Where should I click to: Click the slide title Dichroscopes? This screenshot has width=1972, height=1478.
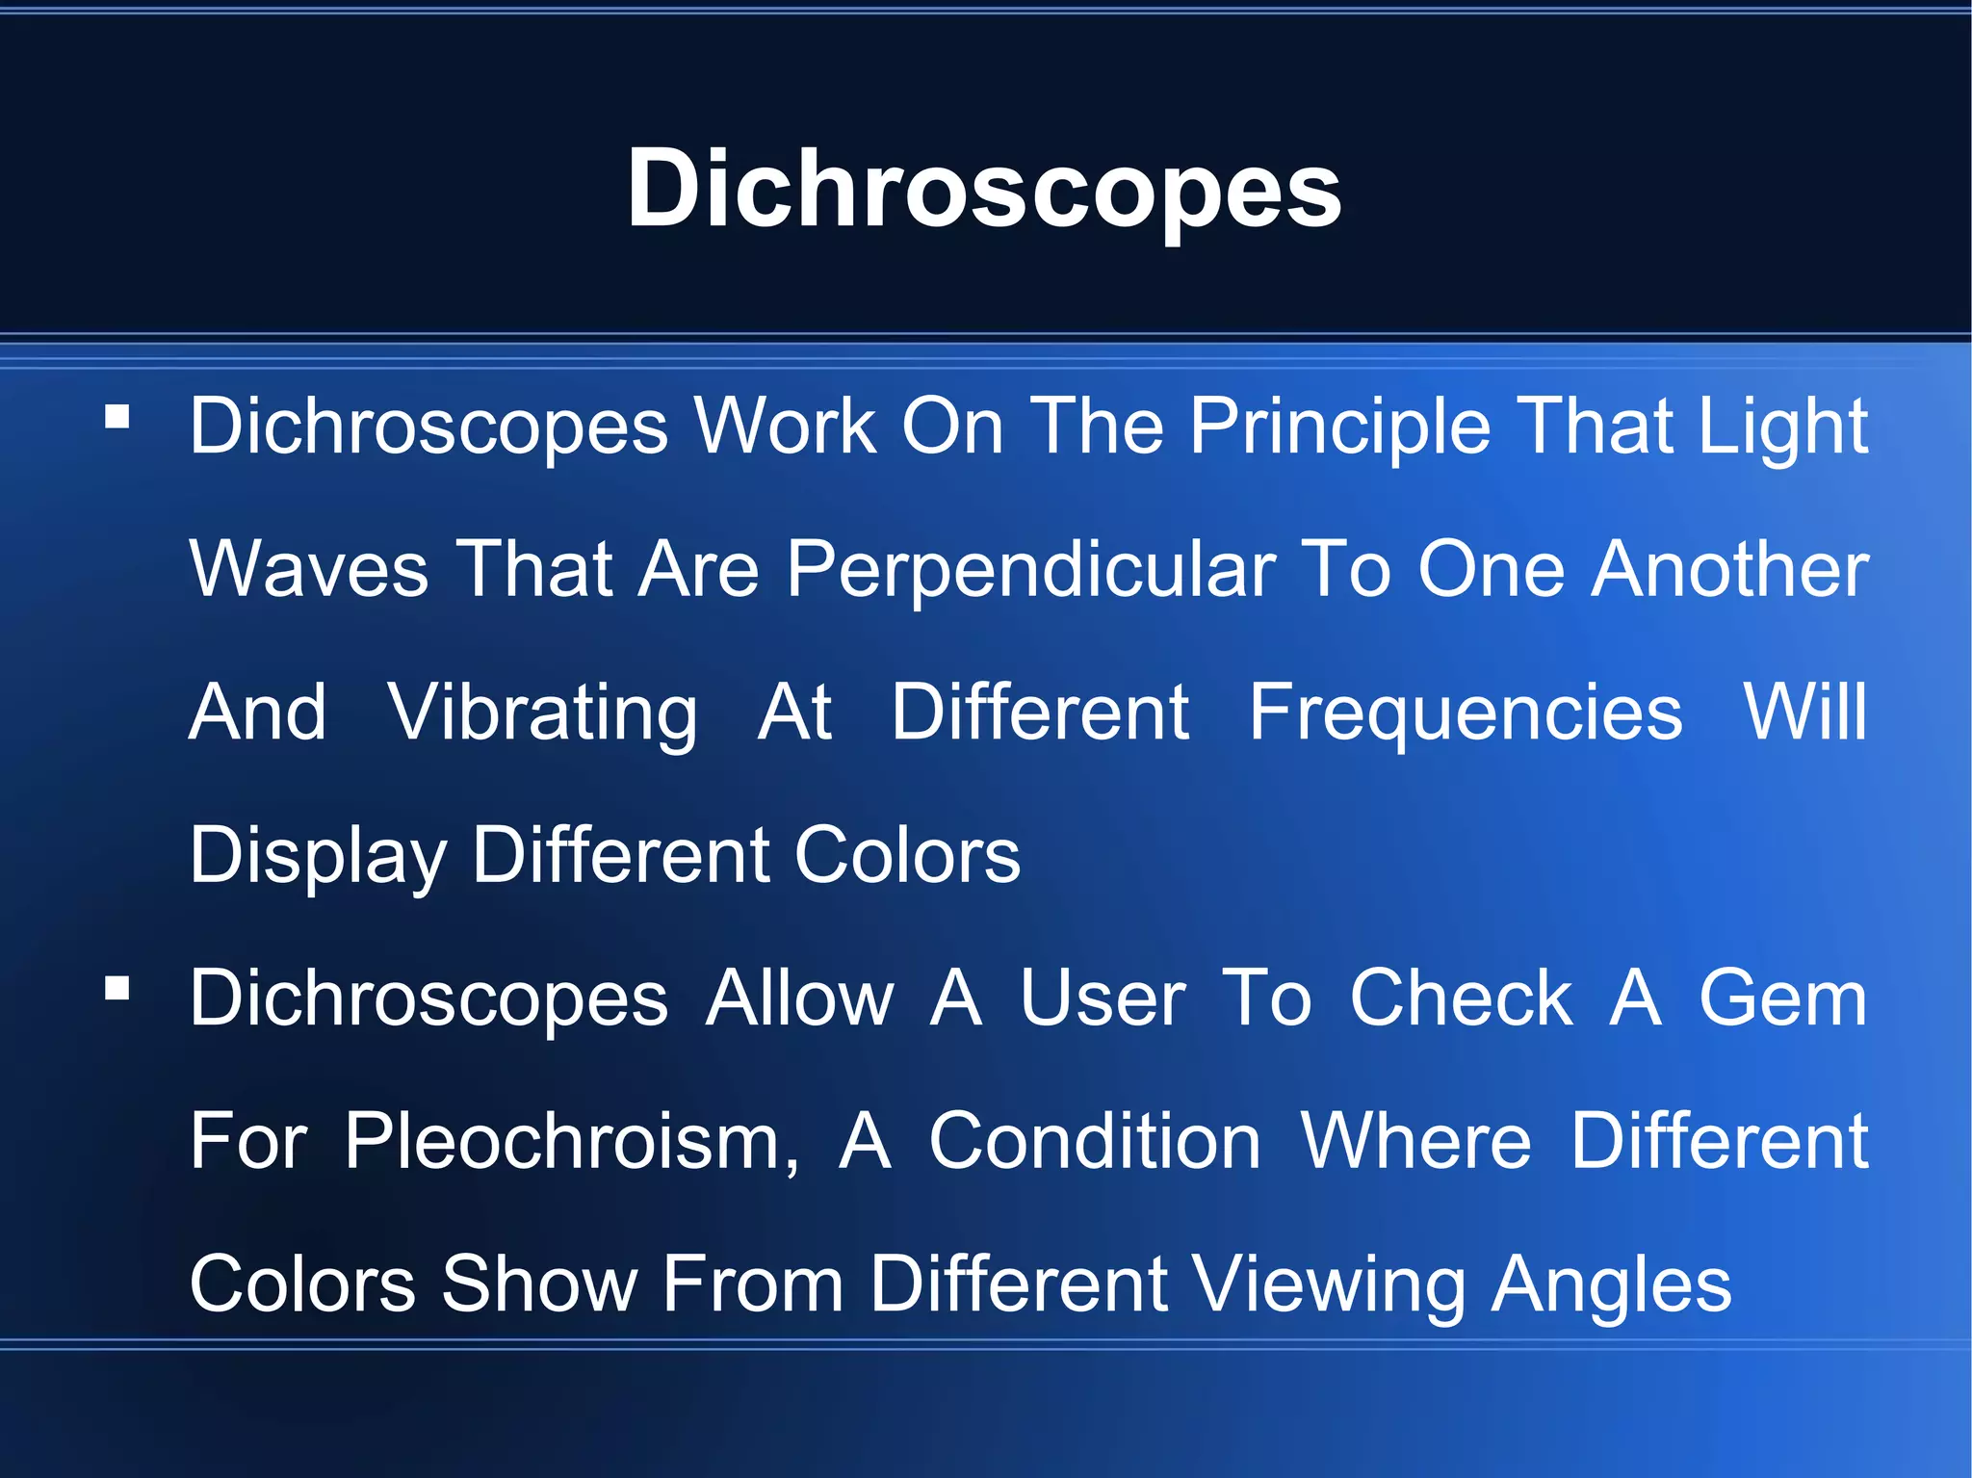click(x=984, y=189)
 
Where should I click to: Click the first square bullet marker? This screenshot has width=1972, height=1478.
click(x=117, y=417)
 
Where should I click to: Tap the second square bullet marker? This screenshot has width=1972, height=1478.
click(x=117, y=989)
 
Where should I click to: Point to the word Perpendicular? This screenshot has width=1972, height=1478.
click(x=1031, y=569)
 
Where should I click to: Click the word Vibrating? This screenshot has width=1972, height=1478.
click(x=543, y=713)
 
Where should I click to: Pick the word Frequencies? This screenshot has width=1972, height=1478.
click(x=1466, y=713)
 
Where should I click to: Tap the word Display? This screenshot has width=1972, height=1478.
click(x=319, y=855)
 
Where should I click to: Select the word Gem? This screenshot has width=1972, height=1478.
click(x=1782, y=998)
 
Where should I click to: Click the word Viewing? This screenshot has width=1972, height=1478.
click(x=1329, y=1284)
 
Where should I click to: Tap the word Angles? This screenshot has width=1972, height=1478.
click(x=1612, y=1284)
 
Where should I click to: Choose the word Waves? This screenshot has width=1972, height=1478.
click(x=309, y=569)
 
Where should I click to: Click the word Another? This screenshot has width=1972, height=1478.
click(x=1729, y=569)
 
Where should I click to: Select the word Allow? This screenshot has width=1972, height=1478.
click(x=800, y=998)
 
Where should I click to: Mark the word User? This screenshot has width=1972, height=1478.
click(x=1103, y=998)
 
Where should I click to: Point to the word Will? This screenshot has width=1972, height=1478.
click(x=1805, y=713)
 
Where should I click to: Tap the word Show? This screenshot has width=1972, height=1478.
click(x=539, y=1284)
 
